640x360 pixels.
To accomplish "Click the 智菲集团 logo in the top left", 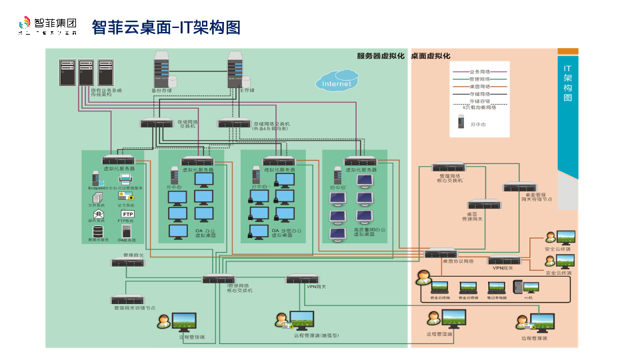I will [x=47, y=26].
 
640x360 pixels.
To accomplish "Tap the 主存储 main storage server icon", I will [x=234, y=69].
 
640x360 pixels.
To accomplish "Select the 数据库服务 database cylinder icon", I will [x=98, y=231].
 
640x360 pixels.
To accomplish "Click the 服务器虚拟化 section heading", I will [x=380, y=56].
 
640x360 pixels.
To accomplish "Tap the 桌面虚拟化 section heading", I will [x=431, y=56].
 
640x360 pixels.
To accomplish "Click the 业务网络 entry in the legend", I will [x=479, y=71].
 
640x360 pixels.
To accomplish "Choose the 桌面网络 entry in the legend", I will [x=479, y=86].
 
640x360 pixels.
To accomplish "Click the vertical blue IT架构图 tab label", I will [x=567, y=83].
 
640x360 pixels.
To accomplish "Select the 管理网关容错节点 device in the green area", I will [x=128, y=299].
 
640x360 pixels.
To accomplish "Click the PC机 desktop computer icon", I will [x=531, y=287].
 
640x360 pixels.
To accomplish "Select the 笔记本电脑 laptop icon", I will [x=497, y=287].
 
